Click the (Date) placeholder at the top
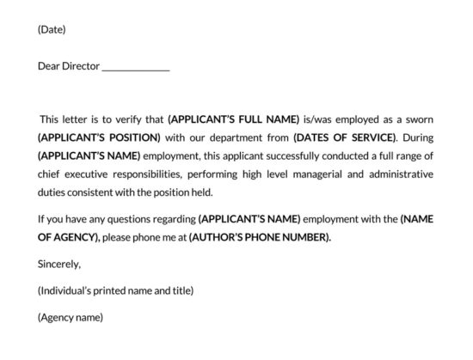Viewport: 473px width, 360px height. click(52, 30)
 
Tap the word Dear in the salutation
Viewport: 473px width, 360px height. click(49, 66)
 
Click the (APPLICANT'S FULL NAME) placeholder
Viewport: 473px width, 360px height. click(234, 119)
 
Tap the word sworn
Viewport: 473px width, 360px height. click(418, 119)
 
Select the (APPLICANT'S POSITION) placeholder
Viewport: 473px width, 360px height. click(99, 137)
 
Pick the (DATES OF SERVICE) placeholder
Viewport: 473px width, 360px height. click(344, 137)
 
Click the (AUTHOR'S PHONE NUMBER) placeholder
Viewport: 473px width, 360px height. click(260, 237)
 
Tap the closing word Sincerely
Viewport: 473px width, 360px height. click(59, 265)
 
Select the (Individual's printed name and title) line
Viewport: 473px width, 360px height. click(116, 291)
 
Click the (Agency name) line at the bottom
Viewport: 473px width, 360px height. click(71, 318)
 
